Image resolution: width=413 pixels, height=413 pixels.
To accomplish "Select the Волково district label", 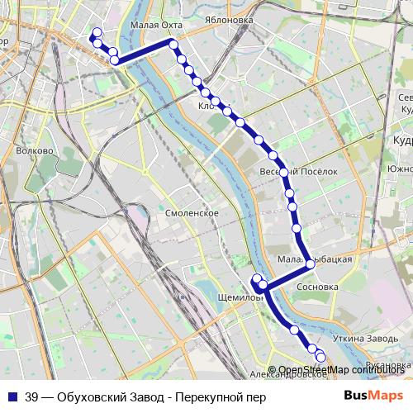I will (x=34, y=151).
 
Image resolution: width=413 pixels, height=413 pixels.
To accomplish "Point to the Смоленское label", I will (x=192, y=213).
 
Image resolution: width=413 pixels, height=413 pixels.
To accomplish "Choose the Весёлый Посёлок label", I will (x=311, y=171).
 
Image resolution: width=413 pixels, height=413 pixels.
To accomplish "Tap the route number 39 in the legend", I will (x=32, y=396).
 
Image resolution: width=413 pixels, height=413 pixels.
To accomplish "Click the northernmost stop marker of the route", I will (x=97, y=32).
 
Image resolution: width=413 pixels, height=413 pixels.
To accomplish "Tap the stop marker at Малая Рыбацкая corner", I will (x=309, y=263).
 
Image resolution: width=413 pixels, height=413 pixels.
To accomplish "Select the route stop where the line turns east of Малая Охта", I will (x=173, y=43).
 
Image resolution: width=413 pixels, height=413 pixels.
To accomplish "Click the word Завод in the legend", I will (x=150, y=396).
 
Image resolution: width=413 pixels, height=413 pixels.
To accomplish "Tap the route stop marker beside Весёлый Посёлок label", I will (x=284, y=173).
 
